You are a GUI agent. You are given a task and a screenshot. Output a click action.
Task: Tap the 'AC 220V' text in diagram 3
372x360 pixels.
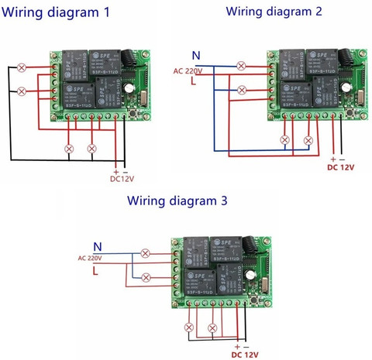point(89,258)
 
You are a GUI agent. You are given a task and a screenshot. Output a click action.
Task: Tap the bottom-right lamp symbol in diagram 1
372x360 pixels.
point(92,147)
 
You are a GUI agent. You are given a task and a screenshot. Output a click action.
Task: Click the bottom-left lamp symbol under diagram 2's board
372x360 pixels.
point(285,140)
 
